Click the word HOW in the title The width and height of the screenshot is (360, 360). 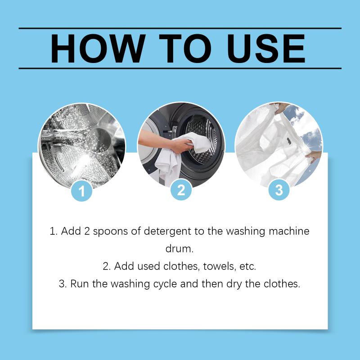point(98,49)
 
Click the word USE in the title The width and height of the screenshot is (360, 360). point(266,49)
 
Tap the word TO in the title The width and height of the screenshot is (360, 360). point(185,49)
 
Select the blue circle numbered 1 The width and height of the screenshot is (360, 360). point(82,191)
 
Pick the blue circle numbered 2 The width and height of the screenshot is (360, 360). point(181,189)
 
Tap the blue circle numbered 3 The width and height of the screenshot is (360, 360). point(279,189)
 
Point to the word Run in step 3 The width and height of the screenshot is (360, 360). point(79,284)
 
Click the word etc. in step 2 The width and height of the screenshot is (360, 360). point(248,266)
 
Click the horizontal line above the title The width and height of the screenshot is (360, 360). point(180,28)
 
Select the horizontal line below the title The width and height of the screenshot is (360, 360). point(180,68)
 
